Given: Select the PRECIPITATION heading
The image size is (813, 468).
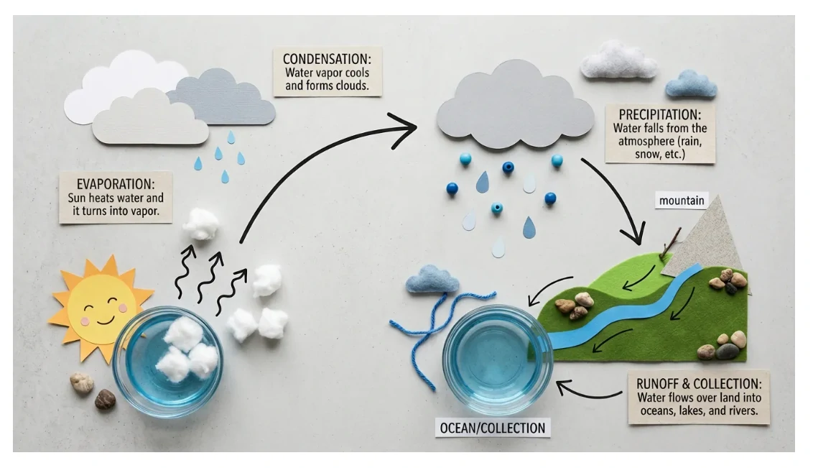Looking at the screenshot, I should tap(659, 114).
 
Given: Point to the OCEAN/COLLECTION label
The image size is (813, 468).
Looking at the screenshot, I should tap(493, 428).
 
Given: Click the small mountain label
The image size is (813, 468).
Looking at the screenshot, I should tap(681, 201).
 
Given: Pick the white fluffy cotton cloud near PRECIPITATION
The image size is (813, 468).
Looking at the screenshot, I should tap(618, 60).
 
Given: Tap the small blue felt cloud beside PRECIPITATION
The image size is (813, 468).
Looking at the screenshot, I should tap(691, 85).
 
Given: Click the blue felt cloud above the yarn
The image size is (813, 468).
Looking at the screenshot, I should tap(432, 280).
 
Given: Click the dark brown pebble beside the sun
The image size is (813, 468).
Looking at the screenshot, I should tap(105, 399).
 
